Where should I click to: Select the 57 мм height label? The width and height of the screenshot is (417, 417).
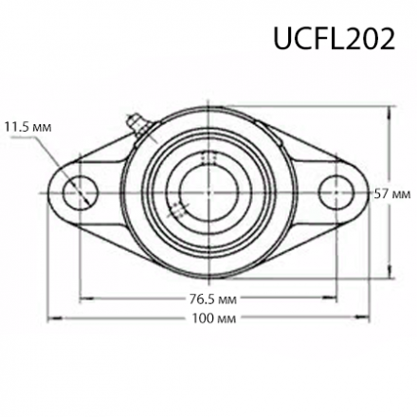[392, 193]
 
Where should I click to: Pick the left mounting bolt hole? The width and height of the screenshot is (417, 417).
[80, 192]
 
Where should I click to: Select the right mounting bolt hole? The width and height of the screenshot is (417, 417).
[336, 192]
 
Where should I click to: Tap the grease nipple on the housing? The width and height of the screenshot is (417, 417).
[136, 123]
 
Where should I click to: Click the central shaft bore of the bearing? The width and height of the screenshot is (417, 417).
[208, 192]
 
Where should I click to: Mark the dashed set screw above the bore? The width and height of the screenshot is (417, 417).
[210, 157]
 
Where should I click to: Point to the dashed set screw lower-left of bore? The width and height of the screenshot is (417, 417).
[176, 209]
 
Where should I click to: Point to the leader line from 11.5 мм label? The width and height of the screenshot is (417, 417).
[52, 147]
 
